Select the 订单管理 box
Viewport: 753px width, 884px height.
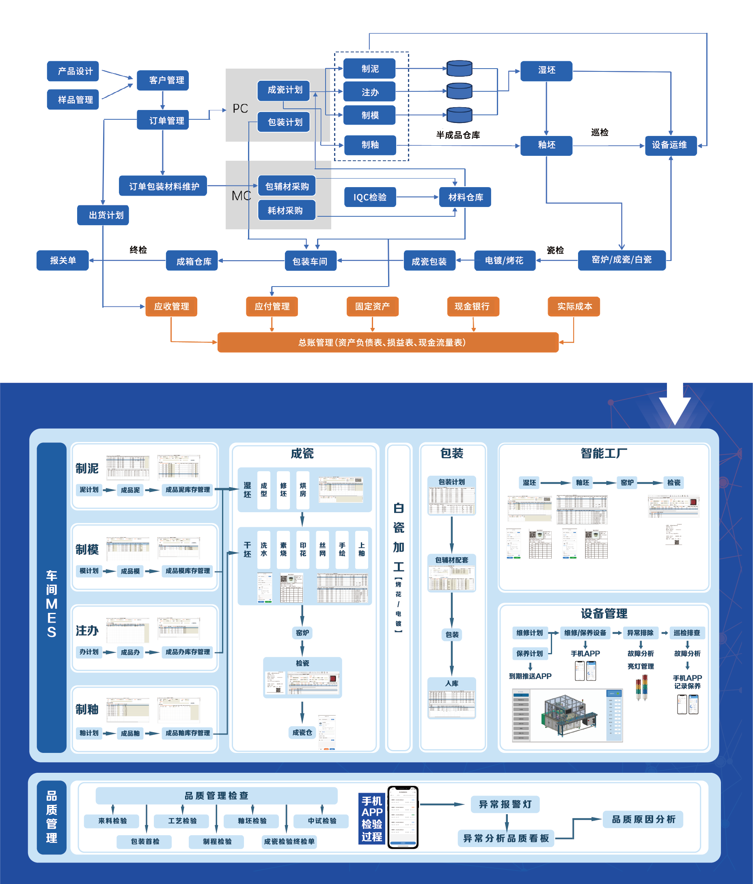click(162, 120)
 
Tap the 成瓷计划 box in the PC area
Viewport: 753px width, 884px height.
click(284, 90)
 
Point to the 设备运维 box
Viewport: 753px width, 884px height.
click(670, 145)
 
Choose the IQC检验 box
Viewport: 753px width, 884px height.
click(370, 197)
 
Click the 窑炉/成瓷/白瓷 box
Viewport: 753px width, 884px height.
click(621, 260)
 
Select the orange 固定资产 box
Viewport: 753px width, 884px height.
click(373, 306)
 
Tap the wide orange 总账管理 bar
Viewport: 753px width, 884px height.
click(387, 342)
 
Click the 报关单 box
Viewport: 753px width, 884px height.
click(63, 260)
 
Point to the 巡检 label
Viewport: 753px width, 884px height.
click(600, 132)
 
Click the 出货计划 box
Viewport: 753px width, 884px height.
click(103, 215)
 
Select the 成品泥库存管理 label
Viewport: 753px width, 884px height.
click(188, 490)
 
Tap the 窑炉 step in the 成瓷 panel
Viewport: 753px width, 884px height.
click(302, 633)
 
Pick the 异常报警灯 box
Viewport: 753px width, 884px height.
click(505, 804)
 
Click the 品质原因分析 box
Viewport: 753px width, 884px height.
click(643, 819)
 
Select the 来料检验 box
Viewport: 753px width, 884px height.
click(112, 821)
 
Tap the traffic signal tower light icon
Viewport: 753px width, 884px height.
click(641, 687)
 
